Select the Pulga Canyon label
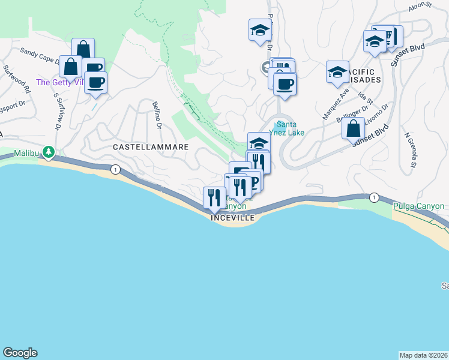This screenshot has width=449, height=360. (x=419, y=206)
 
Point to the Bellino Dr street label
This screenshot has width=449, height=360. (x=158, y=116)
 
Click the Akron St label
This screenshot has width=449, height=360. (x=420, y=5)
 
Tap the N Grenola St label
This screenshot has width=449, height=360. (x=411, y=150)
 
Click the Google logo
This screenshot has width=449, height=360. (x=20, y=353)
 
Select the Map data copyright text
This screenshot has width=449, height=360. (x=424, y=355)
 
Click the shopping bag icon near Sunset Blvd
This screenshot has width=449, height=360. (x=354, y=128)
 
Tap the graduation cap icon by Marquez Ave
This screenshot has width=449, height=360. (x=337, y=71)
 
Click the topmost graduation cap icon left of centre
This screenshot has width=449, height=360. (x=260, y=29)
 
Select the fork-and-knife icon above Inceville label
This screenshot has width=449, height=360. (x=214, y=197)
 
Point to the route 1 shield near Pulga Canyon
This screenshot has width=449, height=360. (x=375, y=197)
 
